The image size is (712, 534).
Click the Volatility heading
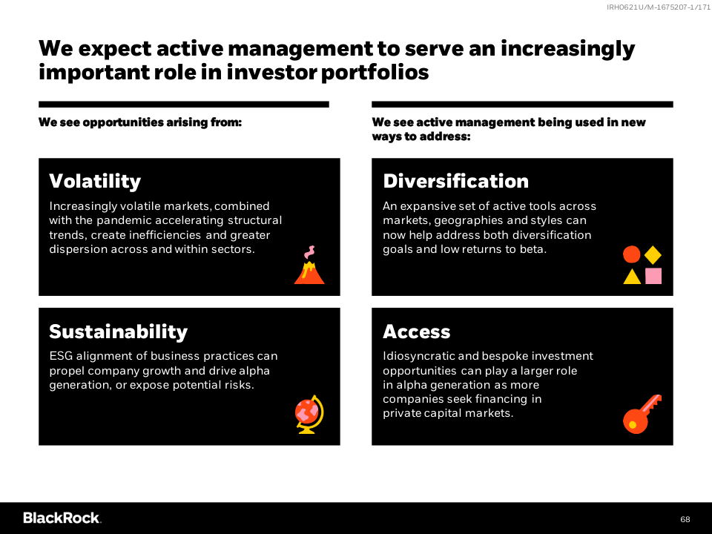coord(95,181)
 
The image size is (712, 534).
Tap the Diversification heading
coord(455,181)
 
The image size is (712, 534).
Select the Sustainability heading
coord(118,332)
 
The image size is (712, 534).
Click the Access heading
coord(416,332)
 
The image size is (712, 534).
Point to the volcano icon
coord(309,268)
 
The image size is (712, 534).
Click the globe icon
coord(309,414)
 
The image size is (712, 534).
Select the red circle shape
coord(631,254)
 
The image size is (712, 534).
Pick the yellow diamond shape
coord(653,254)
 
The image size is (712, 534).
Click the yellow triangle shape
coord(632,277)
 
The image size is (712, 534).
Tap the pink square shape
coord(653,276)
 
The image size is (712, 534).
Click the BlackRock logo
coord(62,518)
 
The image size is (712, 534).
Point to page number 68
coord(685,519)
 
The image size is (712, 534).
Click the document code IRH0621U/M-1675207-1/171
coord(659,7)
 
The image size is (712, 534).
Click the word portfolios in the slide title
coord(375,72)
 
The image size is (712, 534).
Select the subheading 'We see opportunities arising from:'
coord(140,122)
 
